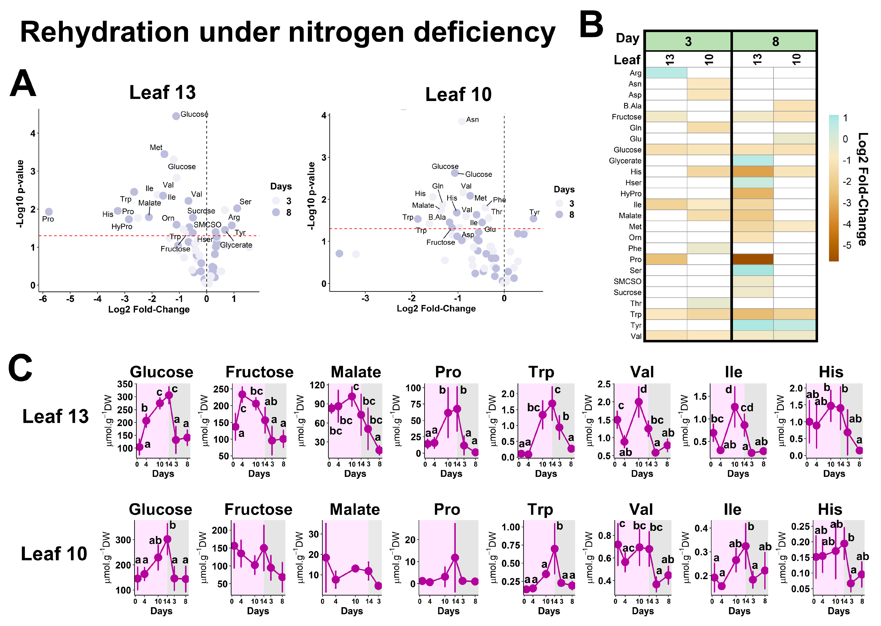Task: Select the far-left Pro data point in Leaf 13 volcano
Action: coord(49,212)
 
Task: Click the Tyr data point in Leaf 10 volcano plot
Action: coord(533,218)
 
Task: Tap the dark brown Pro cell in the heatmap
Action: coord(753,259)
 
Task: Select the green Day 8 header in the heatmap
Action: coord(775,41)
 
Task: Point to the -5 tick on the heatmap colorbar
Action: coord(847,246)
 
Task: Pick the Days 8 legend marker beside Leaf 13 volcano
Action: coord(276,212)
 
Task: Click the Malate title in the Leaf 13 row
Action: coord(356,372)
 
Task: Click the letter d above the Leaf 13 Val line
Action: coord(643,389)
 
